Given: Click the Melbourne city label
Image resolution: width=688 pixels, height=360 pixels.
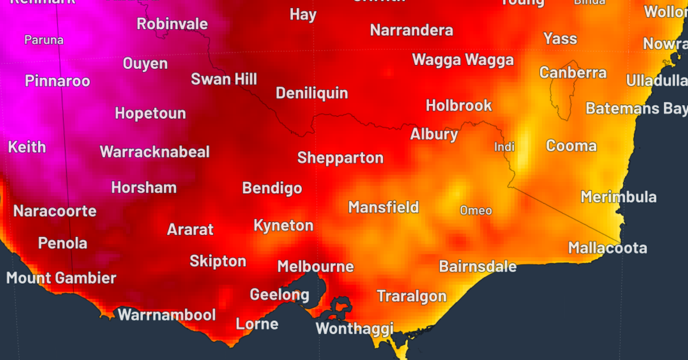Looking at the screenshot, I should tap(315, 267).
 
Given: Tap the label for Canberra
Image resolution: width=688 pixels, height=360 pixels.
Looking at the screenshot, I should tap(572, 73).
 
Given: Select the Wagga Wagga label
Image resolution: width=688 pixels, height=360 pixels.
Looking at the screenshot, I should tap(463, 60).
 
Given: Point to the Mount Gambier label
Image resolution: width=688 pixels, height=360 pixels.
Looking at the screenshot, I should tap(61, 279).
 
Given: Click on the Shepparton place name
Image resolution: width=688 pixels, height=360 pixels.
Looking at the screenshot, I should tap(340, 158).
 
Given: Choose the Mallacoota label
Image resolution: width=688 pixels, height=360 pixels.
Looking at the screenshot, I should tap(607, 248).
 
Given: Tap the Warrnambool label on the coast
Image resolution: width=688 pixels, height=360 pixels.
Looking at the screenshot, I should tap(166, 315).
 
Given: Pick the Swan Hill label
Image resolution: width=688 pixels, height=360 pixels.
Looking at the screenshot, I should tap(224, 79).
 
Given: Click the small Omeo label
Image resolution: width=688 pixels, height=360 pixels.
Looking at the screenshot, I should tap(476, 211).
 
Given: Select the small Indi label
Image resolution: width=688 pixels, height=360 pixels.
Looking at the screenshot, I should tap(505, 147).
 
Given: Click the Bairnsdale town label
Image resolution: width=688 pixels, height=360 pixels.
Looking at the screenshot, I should tap(478, 267).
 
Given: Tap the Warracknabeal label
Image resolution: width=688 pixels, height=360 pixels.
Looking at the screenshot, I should tap(155, 152).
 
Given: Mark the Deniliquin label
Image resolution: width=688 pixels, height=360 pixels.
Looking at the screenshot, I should tap(311, 93).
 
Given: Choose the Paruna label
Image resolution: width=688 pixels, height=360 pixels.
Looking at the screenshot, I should tap(44, 40).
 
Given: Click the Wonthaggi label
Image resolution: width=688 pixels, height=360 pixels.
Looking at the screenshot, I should tap(354, 329).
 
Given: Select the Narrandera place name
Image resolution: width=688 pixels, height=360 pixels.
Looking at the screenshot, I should tap(411, 30).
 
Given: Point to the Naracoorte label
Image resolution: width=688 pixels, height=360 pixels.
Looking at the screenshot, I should tap(54, 211).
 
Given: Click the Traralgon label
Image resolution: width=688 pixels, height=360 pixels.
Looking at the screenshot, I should tap(411, 296).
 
